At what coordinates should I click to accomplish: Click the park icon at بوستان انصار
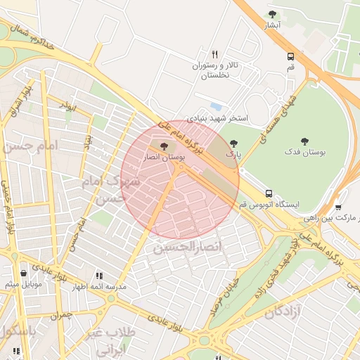(164, 147)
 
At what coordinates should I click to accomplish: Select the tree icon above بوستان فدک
(304, 141)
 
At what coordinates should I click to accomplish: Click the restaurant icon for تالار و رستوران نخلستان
(215, 54)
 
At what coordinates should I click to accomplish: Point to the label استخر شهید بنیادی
(217, 118)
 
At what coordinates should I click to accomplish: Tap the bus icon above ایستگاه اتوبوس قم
(269, 193)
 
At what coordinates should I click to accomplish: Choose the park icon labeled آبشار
(273, 14)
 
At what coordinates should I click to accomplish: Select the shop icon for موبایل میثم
(25, 274)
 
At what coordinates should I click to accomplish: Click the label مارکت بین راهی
(334, 218)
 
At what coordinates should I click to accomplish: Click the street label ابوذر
(67, 105)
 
